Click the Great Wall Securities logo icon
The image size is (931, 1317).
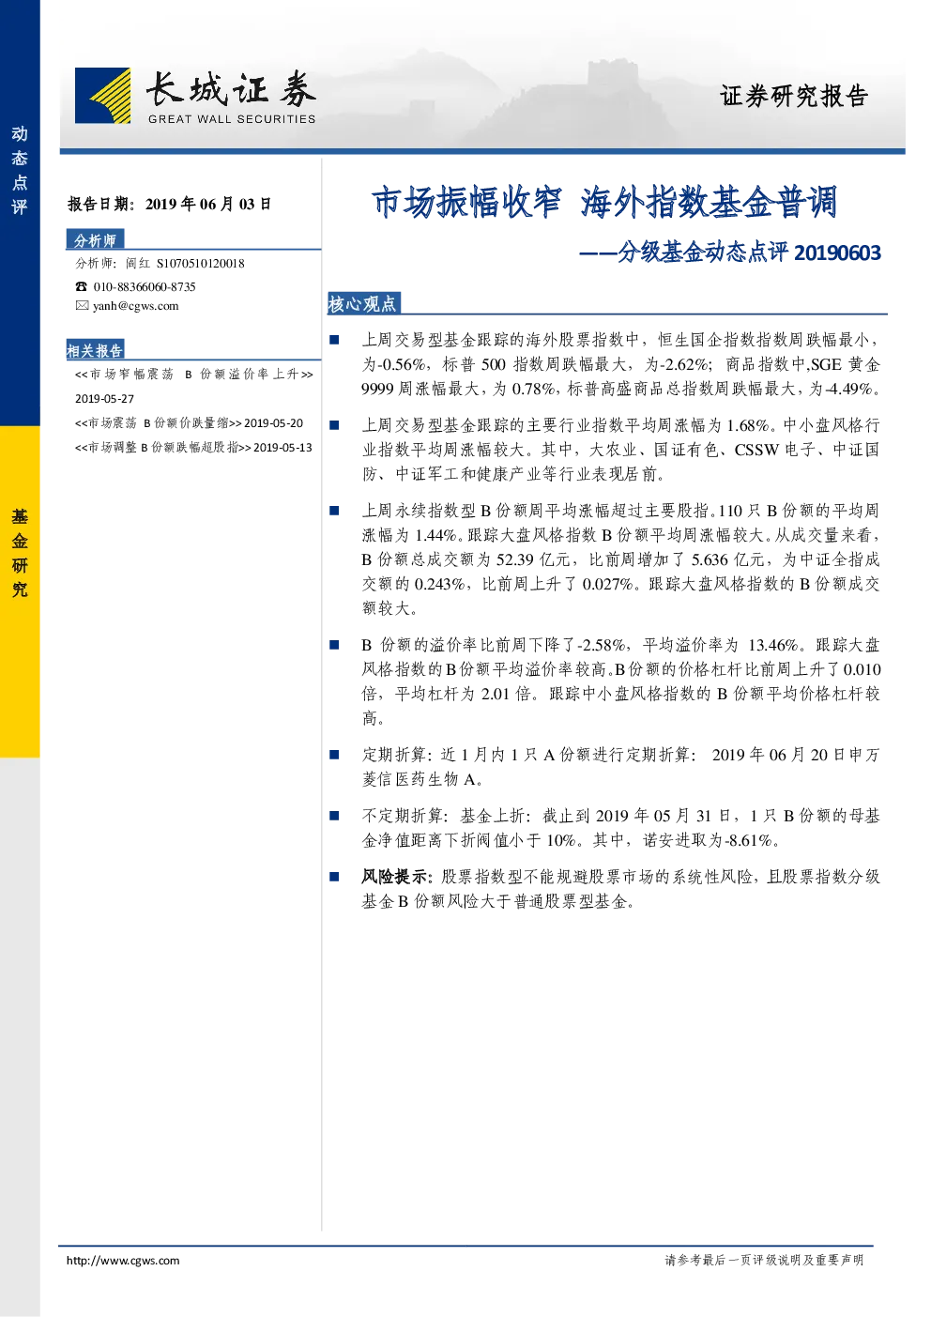(x=102, y=95)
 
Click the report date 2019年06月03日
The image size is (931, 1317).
(x=208, y=204)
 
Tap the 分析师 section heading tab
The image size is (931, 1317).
(x=95, y=240)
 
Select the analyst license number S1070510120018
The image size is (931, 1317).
(x=201, y=264)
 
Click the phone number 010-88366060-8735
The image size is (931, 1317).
(x=145, y=287)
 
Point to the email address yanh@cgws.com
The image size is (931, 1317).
(x=136, y=306)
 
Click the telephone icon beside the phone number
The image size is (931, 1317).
(x=81, y=286)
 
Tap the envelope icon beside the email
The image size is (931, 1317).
(x=82, y=305)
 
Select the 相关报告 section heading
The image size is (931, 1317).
(x=95, y=350)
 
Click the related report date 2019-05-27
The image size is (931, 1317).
(x=104, y=399)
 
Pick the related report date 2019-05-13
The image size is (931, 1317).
(x=282, y=448)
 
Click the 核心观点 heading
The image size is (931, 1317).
(x=362, y=303)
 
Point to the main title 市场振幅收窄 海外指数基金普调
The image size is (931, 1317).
(x=604, y=203)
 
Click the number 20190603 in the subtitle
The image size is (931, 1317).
(x=837, y=253)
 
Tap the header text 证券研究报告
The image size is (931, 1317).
(x=794, y=96)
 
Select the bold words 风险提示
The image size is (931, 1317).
(x=394, y=877)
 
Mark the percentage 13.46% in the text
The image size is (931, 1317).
(x=773, y=645)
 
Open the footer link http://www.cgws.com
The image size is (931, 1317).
(x=123, y=1261)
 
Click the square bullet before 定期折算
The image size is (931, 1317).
(x=334, y=755)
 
